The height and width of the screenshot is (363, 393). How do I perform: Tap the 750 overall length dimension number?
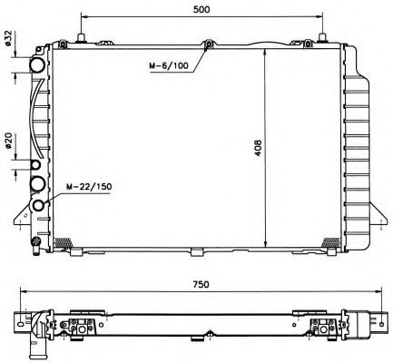click(x=201, y=284)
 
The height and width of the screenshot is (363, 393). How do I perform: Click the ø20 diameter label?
click(x=9, y=142)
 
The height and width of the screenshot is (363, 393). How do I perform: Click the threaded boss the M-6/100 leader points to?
click(x=209, y=44)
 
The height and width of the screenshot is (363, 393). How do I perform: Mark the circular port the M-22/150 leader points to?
click(x=38, y=203)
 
